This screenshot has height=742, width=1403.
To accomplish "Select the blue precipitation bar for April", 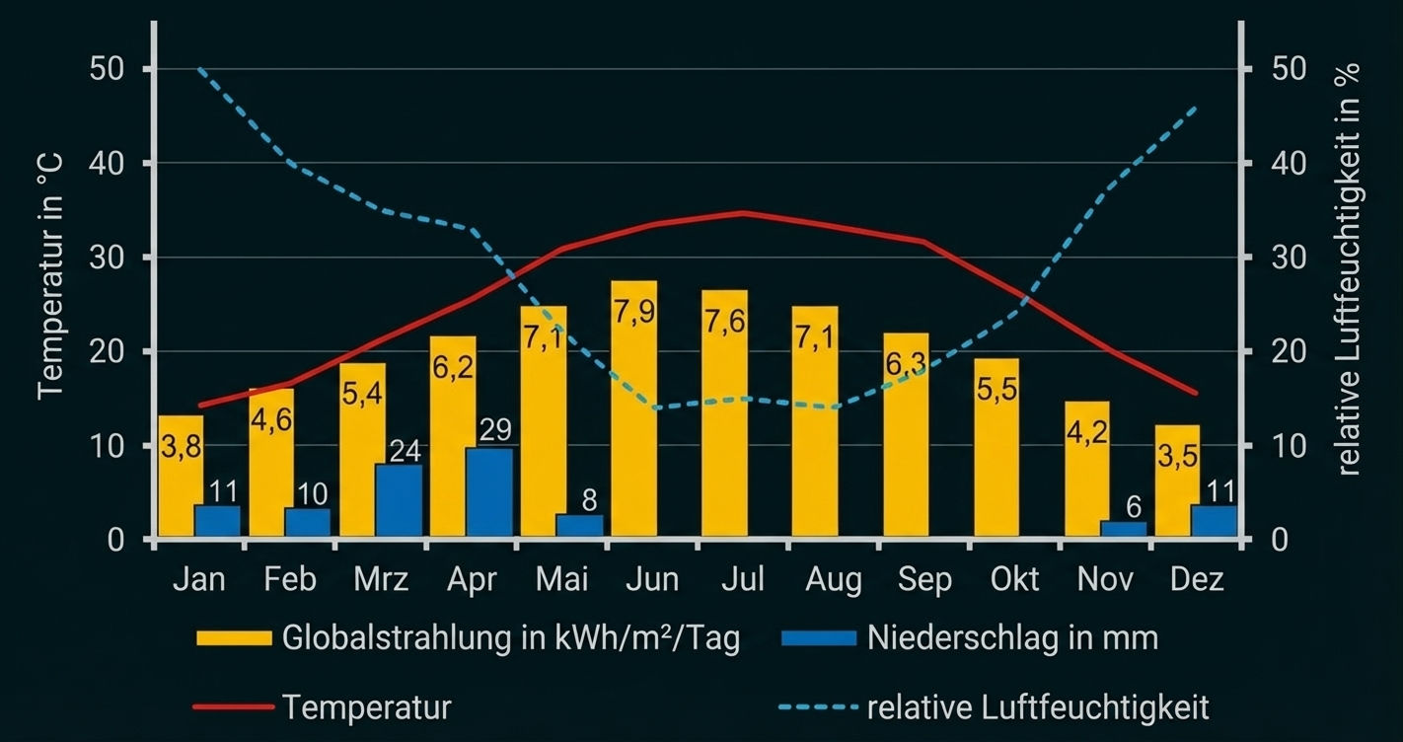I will [488, 493].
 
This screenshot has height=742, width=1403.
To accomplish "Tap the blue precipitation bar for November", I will [1124, 529].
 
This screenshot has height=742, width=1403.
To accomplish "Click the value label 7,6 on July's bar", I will [724, 323].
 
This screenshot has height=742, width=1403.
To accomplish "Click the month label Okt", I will [1015, 579].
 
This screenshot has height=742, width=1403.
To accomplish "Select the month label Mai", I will [561, 579].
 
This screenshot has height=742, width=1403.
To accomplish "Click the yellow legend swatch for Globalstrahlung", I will [234, 638].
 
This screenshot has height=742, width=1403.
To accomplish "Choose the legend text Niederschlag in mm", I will [1012, 638].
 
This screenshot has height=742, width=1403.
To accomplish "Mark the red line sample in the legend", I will [234, 707].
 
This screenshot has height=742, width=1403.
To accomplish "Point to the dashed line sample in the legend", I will [818, 707].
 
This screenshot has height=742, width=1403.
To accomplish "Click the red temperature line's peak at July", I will [743, 212].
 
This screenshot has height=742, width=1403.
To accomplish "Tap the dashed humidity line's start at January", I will [199, 69].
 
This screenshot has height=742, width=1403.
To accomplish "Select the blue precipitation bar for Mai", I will [579, 526].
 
